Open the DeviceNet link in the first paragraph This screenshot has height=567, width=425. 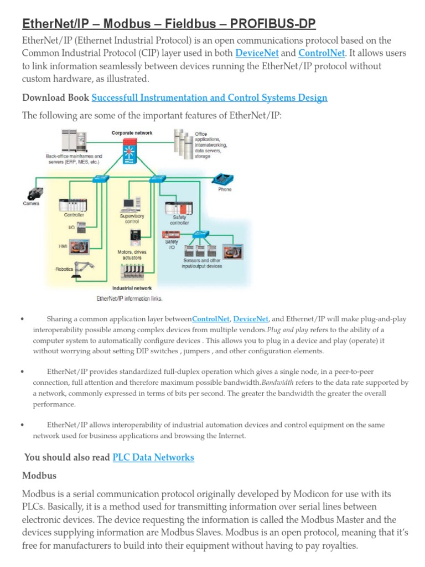pyautogui.click(x=258, y=53)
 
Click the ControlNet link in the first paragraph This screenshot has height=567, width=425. pyautogui.click(x=321, y=53)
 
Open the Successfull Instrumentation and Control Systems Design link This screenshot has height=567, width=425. pyautogui.click(x=209, y=98)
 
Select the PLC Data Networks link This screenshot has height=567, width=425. pyautogui.click(x=153, y=457)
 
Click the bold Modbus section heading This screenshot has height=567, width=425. pyautogui.click(x=39, y=476)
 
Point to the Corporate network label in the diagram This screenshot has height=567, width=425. pyautogui.click(x=132, y=133)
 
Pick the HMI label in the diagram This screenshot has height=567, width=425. pyautogui.click(x=63, y=245)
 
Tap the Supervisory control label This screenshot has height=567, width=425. pyautogui.click(x=132, y=219)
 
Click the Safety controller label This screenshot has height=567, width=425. pyautogui.click(x=180, y=220)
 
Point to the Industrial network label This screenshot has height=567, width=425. pyautogui.click(x=132, y=288)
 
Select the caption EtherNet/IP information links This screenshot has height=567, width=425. pyautogui.click(x=129, y=299)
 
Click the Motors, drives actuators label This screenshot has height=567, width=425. pyautogui.click(x=132, y=255)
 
